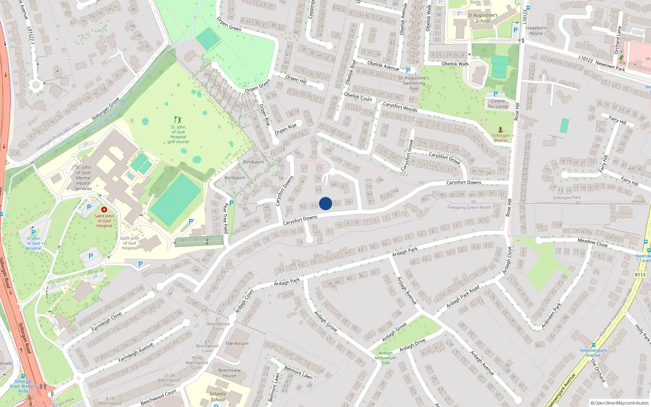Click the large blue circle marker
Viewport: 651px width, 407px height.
point(325,203)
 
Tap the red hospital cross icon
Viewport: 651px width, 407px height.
point(104,210)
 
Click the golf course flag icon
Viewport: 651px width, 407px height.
point(178,120)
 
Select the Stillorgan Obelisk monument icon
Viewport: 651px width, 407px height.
point(500,130)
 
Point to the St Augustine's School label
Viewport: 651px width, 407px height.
point(483,18)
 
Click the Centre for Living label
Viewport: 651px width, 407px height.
point(498,104)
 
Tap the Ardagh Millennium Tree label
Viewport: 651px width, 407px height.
point(385,358)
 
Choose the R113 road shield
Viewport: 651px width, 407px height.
point(640,275)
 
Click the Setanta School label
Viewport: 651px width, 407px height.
point(218,396)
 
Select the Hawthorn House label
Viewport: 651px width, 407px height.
point(536,31)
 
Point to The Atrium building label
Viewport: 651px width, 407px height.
point(237,344)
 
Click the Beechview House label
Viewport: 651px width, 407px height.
point(229,373)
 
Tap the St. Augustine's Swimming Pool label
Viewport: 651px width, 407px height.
point(414,83)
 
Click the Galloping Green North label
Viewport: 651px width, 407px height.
point(469,208)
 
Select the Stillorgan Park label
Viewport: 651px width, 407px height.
point(567,198)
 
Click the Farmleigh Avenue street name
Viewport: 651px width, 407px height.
point(135,352)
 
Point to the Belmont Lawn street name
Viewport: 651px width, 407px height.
point(298,372)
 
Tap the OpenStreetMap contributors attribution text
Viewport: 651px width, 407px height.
point(620,403)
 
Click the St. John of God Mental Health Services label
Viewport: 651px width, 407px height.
point(83,178)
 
